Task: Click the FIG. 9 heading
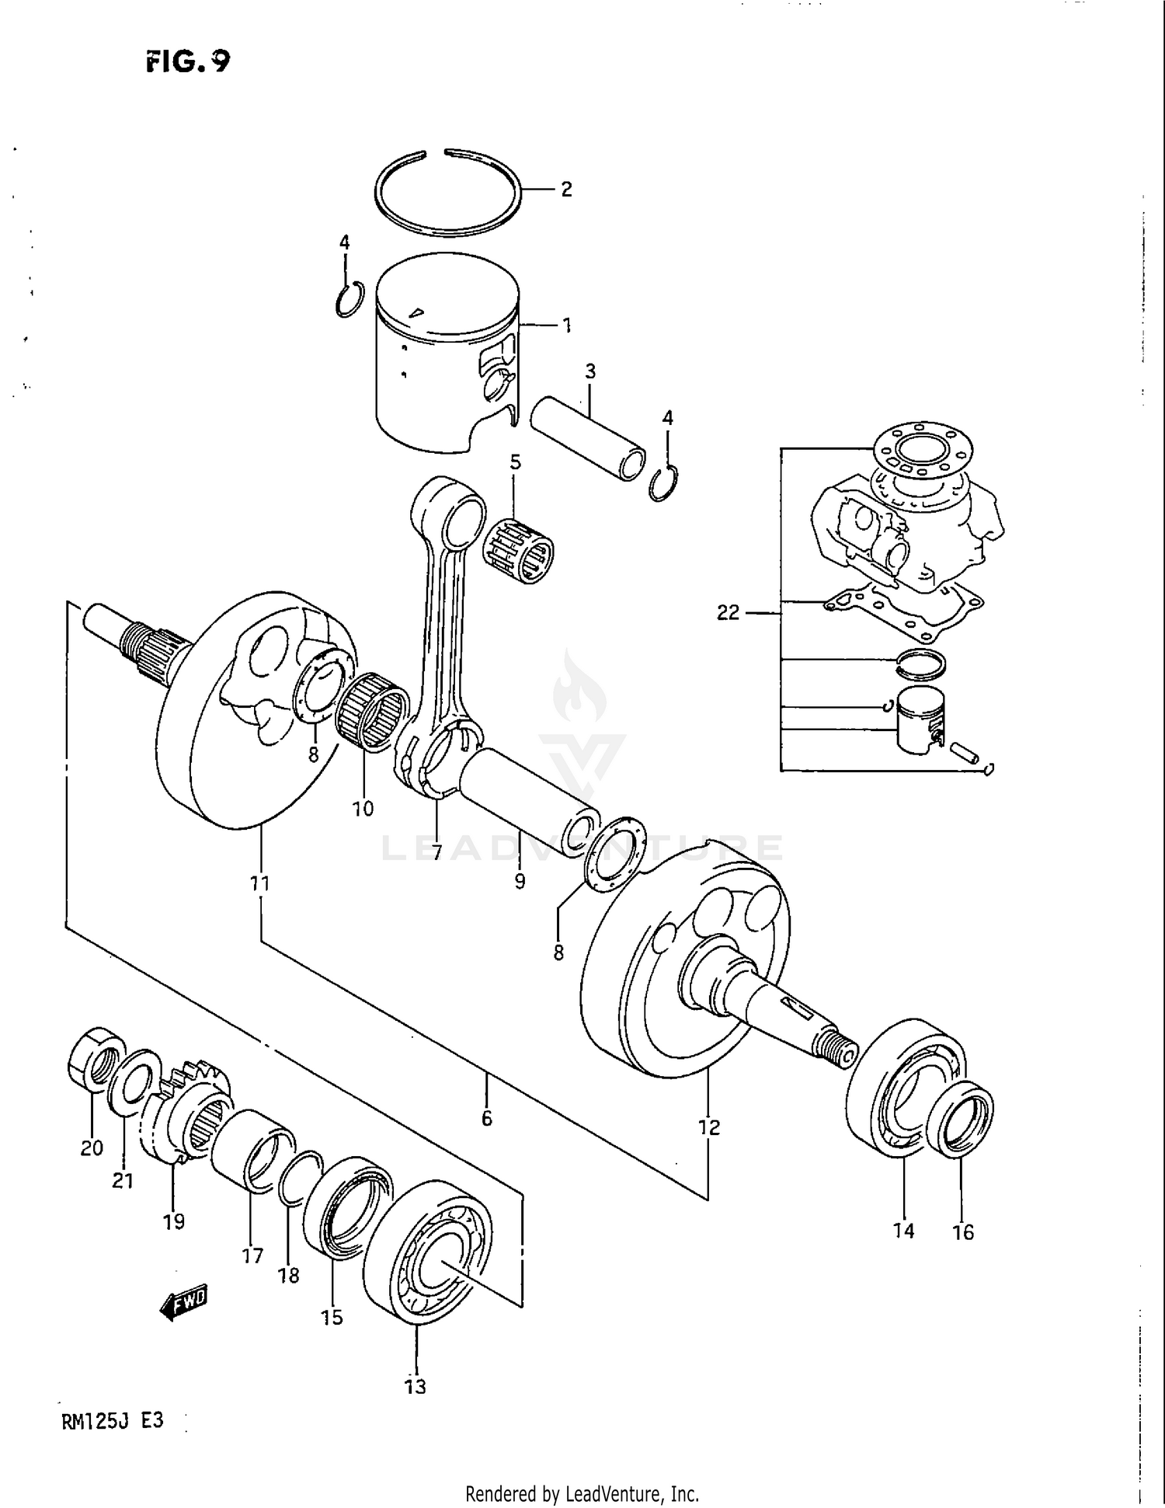point(188,61)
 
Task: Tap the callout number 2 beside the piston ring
point(566,190)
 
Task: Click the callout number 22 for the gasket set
point(728,613)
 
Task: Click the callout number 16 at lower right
point(963,1232)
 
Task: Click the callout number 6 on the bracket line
point(487,1118)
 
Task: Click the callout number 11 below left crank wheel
point(259,883)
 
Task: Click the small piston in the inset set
point(918,719)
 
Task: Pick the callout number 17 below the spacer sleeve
point(252,1256)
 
